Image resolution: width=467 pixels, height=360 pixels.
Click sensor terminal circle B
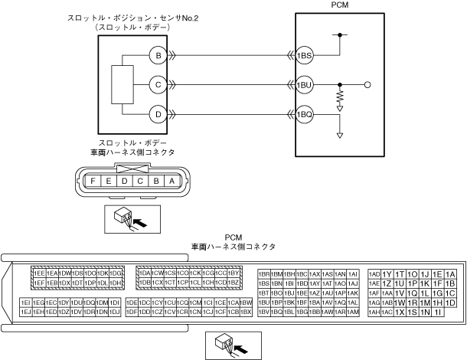(x=158, y=55)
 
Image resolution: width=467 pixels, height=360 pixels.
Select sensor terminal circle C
(x=158, y=84)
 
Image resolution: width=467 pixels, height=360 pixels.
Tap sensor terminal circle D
(x=158, y=113)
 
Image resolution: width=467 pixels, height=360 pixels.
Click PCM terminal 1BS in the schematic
(x=305, y=55)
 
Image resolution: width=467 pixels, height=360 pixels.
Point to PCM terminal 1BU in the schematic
(x=305, y=84)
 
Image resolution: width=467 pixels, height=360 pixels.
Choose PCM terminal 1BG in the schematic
(x=305, y=113)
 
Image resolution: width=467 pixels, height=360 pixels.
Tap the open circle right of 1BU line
(x=368, y=84)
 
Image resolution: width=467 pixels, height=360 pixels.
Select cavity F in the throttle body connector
(x=93, y=181)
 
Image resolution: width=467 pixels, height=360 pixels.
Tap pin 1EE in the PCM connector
(x=38, y=273)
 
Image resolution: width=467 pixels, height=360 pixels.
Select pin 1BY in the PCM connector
(x=234, y=273)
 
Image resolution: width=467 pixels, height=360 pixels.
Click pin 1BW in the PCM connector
(x=247, y=303)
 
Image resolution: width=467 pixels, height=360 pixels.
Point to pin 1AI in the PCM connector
(x=353, y=273)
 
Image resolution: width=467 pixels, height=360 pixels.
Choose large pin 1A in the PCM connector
(x=450, y=274)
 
